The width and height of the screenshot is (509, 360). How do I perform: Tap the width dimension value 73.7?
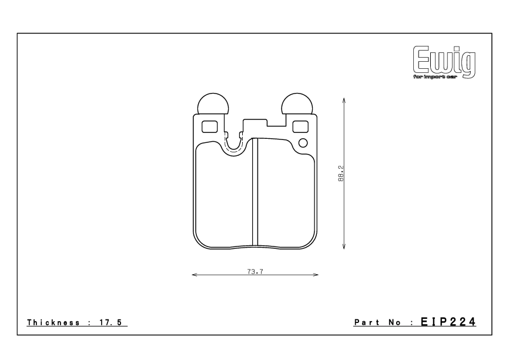click(x=254, y=271)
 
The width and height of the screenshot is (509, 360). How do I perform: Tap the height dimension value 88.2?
click(x=340, y=174)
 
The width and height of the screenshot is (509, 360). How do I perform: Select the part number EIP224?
click(x=451, y=322)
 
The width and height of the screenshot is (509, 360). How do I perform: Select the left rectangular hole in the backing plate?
click(x=209, y=126)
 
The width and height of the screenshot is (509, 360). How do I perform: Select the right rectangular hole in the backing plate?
click(x=300, y=126)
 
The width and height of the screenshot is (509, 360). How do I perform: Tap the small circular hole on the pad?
click(x=303, y=143)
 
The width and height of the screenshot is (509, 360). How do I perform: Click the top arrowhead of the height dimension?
click(x=343, y=99)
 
